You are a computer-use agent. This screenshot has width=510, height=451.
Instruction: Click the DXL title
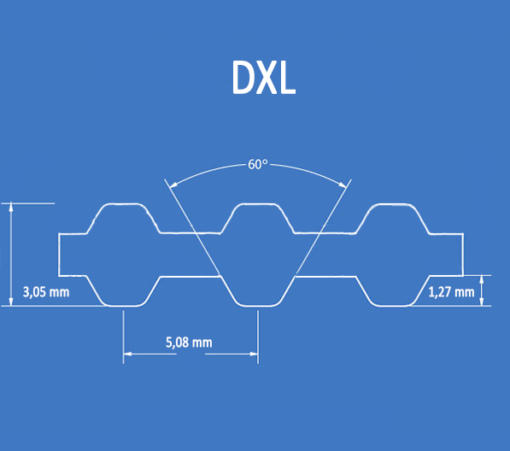(264, 78)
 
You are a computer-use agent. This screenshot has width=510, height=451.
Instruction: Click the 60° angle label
(258, 165)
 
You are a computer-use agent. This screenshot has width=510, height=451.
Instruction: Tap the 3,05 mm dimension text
(46, 292)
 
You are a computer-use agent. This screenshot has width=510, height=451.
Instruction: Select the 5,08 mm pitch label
(189, 342)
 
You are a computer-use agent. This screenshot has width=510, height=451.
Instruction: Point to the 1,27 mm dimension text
(451, 292)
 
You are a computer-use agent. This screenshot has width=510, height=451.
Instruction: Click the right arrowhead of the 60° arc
(343, 184)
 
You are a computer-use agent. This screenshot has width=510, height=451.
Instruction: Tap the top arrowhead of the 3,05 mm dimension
(11, 207)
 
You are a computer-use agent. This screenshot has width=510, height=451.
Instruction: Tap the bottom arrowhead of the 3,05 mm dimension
(11, 302)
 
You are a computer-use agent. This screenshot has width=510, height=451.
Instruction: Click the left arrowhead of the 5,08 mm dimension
(128, 354)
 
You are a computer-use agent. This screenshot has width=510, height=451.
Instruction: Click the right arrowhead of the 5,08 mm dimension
(254, 354)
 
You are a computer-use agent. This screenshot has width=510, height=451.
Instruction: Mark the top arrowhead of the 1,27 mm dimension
(482, 280)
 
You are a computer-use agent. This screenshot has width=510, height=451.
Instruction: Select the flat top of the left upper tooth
(123, 204)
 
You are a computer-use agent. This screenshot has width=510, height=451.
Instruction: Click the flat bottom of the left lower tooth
(123, 306)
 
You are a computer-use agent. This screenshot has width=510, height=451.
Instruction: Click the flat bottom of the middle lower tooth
(258, 306)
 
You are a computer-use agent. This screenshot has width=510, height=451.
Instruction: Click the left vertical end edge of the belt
(59, 255)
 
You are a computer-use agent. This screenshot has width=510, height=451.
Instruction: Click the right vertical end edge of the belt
(463, 255)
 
